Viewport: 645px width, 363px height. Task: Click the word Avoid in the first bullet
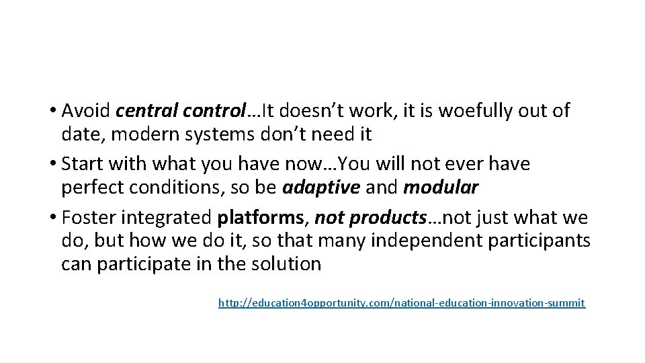coord(85,110)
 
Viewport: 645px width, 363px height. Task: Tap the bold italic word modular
coord(441,188)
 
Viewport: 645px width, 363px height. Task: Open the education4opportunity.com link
coord(402,304)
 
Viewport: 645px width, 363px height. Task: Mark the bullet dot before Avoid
coord(54,110)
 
